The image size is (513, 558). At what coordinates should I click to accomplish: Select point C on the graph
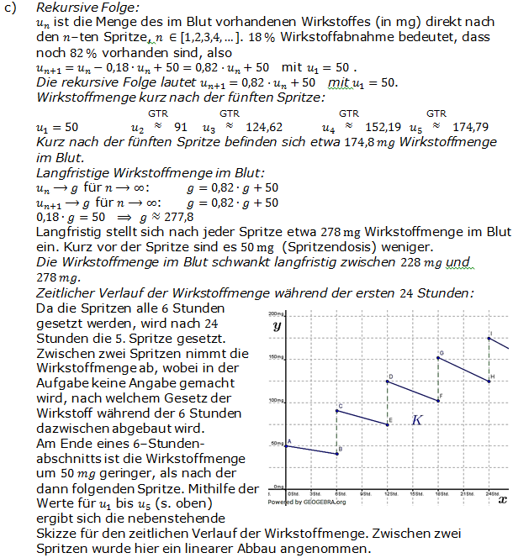(336, 411)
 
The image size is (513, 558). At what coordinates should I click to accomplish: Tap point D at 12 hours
(387, 382)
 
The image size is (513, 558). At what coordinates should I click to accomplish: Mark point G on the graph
(438, 358)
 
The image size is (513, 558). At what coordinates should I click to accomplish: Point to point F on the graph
(438, 400)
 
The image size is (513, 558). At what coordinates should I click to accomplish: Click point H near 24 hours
(489, 381)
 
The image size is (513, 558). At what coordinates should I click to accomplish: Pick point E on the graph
(387, 424)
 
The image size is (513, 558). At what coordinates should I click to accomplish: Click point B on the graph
(336, 454)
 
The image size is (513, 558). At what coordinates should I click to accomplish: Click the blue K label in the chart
(416, 419)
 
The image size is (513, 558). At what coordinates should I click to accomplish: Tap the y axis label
(277, 324)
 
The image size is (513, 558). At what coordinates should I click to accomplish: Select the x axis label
(502, 499)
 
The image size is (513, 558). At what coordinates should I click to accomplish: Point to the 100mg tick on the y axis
(277, 400)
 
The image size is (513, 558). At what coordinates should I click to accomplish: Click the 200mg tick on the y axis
(277, 314)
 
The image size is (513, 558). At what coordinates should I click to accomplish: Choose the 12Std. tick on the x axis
(389, 494)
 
